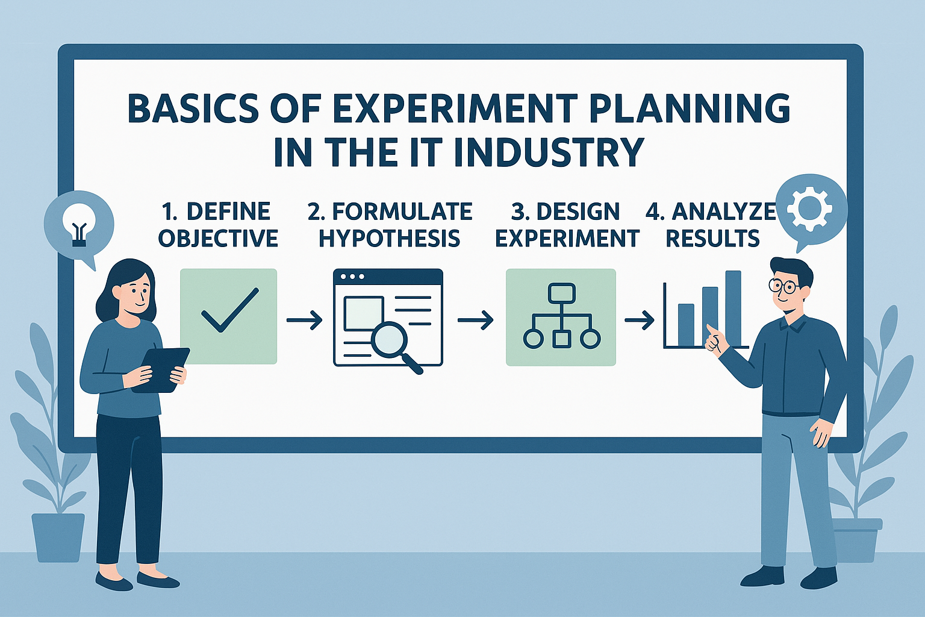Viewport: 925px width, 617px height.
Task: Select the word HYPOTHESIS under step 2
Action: click(x=390, y=239)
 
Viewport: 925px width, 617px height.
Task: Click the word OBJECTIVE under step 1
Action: click(x=218, y=239)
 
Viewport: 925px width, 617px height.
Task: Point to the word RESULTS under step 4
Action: click(x=713, y=239)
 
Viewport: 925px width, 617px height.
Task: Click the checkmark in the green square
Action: click(x=230, y=310)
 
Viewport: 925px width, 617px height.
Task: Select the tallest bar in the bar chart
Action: click(x=733, y=308)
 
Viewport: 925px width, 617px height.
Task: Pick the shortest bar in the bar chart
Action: click(x=686, y=325)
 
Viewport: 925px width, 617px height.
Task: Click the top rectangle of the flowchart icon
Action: click(x=562, y=293)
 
